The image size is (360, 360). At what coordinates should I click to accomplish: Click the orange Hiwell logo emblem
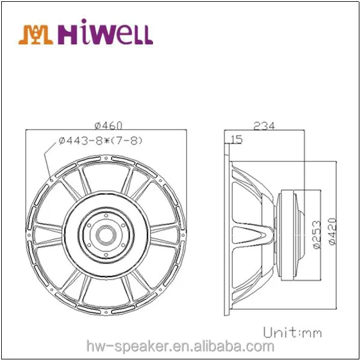point(35,34)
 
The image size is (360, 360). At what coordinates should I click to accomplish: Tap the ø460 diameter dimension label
point(109,125)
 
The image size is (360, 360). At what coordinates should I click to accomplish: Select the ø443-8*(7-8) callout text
point(100,140)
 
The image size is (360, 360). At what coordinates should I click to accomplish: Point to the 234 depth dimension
point(264,126)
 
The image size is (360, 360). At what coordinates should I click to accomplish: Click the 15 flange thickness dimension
point(236,140)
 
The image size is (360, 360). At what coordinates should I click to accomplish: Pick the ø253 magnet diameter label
point(317,235)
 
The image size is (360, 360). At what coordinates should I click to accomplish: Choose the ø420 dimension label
point(332,232)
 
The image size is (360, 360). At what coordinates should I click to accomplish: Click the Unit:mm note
point(292,332)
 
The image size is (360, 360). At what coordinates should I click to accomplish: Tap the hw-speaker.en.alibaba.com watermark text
point(180,346)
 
